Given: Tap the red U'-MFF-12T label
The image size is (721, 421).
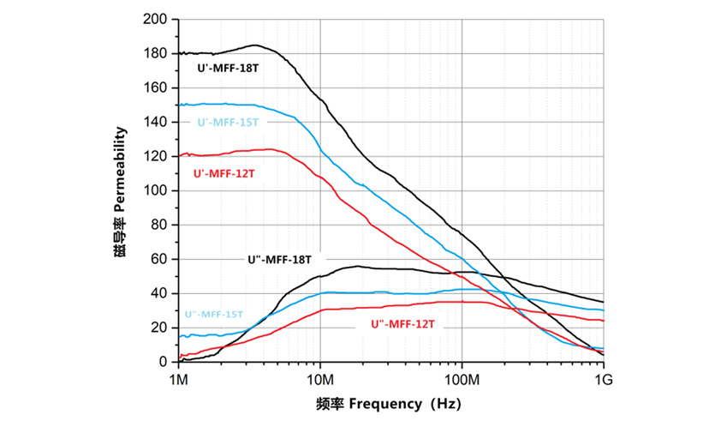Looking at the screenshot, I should click(223, 172).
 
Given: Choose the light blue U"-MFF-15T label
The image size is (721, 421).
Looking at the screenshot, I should click(214, 315).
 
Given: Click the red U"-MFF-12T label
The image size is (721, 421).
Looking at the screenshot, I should click(403, 325).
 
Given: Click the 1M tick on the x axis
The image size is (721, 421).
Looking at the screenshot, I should click(178, 377).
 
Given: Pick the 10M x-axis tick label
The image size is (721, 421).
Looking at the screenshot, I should click(319, 377).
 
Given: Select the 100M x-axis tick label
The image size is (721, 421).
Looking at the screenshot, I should click(462, 377).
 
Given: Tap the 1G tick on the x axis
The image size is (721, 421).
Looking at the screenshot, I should click(604, 377).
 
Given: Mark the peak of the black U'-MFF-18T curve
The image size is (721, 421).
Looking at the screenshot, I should click(255, 45).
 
